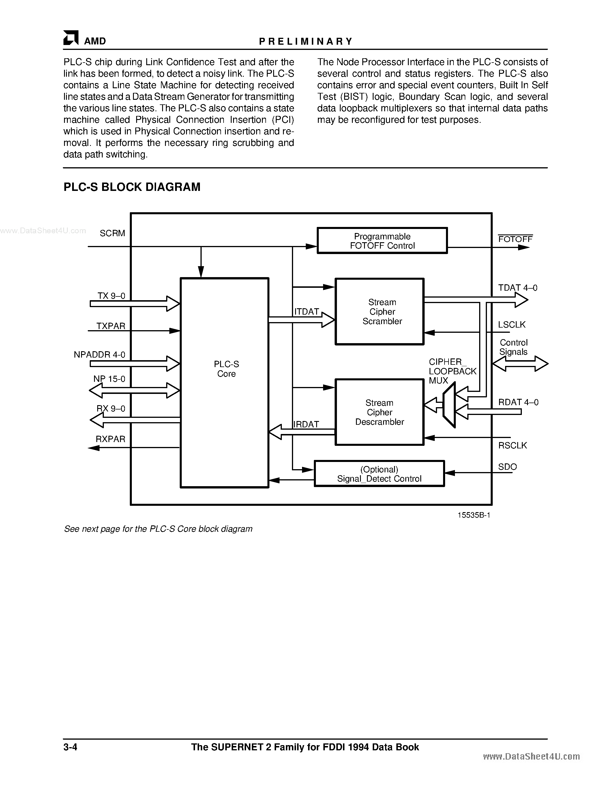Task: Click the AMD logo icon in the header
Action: (71, 38)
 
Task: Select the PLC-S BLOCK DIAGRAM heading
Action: (132, 187)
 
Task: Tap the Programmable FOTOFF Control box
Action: (382, 241)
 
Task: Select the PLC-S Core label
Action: (226, 369)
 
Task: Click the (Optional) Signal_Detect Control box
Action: (379, 474)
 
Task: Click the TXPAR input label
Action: (111, 326)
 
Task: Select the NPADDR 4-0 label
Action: (100, 355)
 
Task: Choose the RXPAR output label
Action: (110, 439)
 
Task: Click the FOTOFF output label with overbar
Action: (515, 239)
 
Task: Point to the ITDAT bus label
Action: (306, 311)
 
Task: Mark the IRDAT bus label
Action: (306, 424)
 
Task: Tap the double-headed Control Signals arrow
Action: (520, 363)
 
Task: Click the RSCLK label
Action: (512, 446)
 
